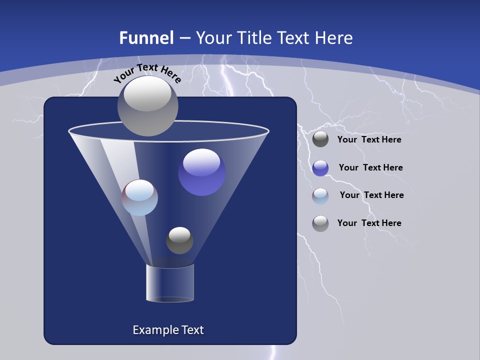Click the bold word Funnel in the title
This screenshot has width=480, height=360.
click(146, 38)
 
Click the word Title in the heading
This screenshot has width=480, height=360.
click(255, 38)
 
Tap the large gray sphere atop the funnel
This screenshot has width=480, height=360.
click(147, 105)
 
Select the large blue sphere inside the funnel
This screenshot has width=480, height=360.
click(201, 172)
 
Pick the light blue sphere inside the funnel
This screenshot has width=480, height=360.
click(139, 197)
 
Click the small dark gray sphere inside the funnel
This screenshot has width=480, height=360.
click(179, 240)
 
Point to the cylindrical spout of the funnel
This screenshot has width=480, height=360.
click(170, 283)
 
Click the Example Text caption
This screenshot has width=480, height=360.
click(168, 330)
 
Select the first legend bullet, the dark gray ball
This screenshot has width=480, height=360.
click(320, 139)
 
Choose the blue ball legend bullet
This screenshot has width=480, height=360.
click(320, 168)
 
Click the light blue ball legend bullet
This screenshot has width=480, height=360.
click(320, 196)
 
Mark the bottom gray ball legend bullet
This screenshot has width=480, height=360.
click(320, 223)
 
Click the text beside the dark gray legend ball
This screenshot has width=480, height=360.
click(369, 140)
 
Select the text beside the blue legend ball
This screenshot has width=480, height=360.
click(370, 168)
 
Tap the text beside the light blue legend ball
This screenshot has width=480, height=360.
click(371, 195)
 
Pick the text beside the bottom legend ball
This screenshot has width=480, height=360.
click(369, 223)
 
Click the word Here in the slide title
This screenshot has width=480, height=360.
click(335, 38)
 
